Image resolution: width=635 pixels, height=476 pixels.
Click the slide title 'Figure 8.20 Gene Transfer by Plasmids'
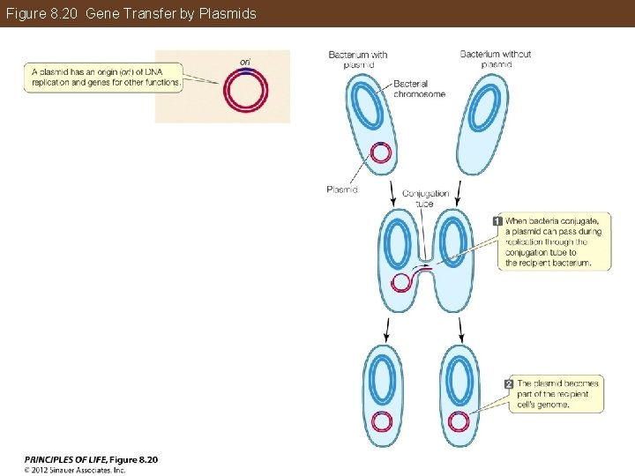131,13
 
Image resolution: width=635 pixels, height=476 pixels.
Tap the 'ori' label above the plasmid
245,61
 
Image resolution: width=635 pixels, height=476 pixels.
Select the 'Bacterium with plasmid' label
358,59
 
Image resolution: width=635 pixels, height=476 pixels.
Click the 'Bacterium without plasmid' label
496,59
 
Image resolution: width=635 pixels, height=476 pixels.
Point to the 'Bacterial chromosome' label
419,88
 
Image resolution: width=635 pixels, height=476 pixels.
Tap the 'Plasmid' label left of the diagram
341,190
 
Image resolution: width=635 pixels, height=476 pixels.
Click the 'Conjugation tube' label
425,198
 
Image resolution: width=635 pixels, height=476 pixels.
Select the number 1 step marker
497,220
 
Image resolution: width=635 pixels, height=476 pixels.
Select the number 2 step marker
509,383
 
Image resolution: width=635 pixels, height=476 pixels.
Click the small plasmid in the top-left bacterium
381,153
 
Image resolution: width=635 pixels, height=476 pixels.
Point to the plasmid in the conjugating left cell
401,282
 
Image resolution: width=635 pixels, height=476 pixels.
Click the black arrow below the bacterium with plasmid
392,190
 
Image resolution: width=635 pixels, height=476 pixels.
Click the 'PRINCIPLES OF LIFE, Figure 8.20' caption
91,459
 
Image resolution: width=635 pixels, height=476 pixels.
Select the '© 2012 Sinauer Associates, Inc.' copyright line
75,470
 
